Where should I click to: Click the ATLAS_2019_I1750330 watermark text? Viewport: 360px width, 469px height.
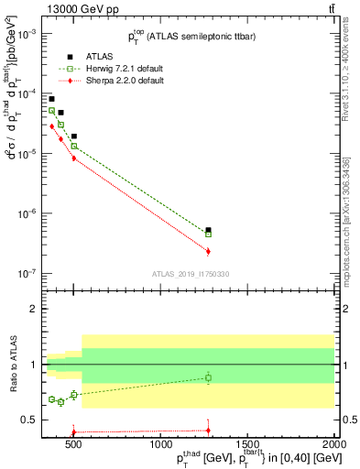click(191, 274)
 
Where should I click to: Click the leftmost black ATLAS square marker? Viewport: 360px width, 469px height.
click(51, 99)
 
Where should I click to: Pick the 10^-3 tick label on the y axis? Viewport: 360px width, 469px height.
click(26, 34)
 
